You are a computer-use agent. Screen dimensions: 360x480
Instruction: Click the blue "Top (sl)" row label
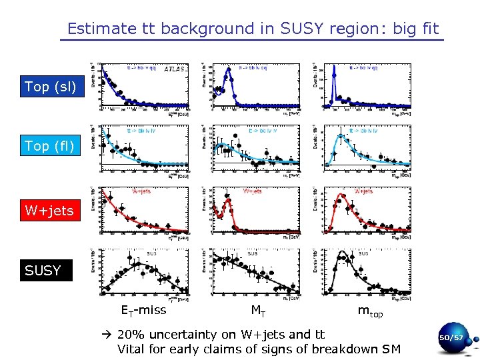[51, 87]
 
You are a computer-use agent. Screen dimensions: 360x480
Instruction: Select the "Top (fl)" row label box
[49, 145]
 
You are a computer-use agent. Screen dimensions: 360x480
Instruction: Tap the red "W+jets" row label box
[49, 211]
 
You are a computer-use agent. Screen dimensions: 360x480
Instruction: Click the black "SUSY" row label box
[43, 271]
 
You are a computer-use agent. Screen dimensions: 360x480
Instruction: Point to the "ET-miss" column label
[143, 309]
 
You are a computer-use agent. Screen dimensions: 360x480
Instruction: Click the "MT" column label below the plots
[258, 309]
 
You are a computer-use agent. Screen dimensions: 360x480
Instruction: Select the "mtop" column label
[370, 311]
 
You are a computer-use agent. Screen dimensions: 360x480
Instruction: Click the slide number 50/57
[451, 339]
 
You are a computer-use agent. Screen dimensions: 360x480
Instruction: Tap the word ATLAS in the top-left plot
[175, 68]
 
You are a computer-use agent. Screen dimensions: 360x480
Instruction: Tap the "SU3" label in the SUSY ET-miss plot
[152, 254]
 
